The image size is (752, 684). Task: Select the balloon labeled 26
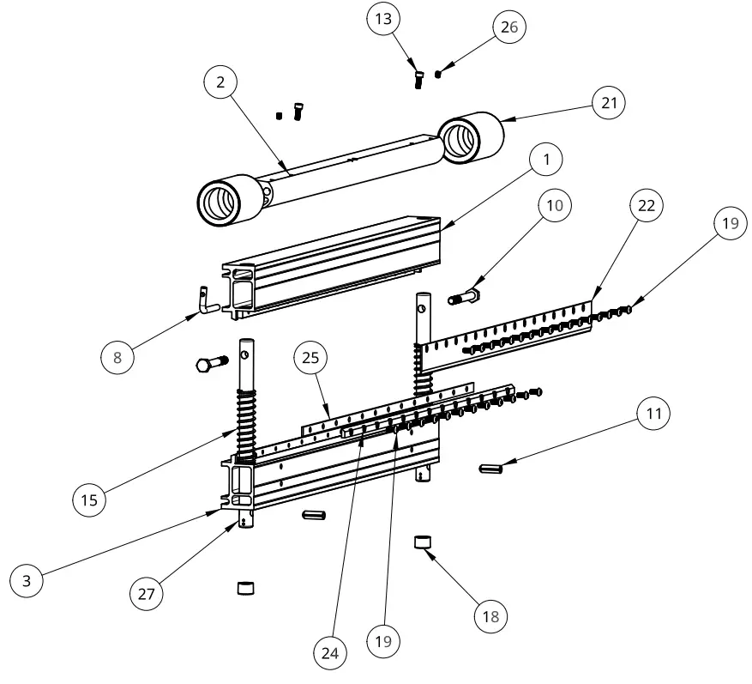pos(508,27)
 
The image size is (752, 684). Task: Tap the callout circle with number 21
pos(610,103)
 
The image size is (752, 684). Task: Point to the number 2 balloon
pos(221,82)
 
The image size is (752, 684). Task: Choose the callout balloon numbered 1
pos(545,159)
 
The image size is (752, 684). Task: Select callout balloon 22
pos(647,206)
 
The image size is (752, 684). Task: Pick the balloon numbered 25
pos(311,356)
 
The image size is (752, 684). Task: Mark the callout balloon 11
pos(653,414)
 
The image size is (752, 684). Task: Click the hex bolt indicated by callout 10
pos(464,299)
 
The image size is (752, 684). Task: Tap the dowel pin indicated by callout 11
pos(492,468)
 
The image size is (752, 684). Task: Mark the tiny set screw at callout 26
pos(438,74)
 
